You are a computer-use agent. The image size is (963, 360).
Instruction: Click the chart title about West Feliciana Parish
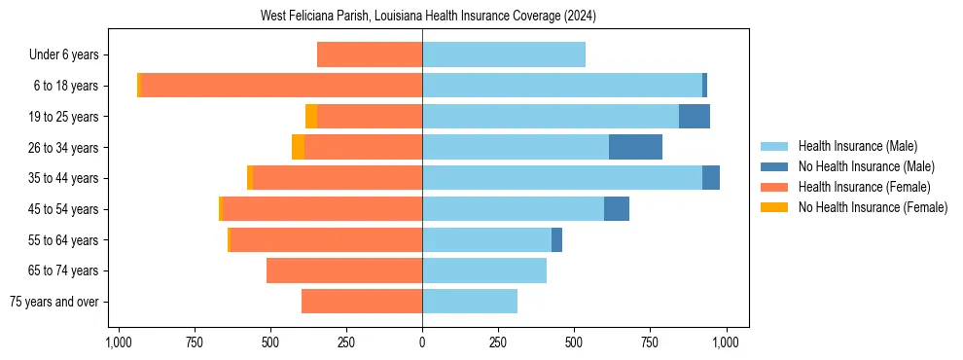pos(428,17)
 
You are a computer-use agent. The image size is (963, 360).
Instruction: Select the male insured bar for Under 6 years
pos(504,54)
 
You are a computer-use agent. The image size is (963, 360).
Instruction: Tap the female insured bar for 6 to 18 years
pos(281,86)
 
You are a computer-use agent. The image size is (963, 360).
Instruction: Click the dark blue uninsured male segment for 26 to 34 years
pos(635,147)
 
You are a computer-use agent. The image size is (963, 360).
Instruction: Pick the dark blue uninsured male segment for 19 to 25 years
pos(695,117)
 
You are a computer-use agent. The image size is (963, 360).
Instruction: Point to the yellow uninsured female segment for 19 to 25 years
pos(311,117)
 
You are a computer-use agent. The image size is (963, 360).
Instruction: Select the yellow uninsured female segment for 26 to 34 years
pos(298,147)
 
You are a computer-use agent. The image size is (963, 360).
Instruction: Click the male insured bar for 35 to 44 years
pos(562,178)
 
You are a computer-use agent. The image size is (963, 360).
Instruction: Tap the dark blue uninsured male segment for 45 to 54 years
pos(617,209)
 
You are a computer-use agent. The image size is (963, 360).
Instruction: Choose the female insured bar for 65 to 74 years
pos(344,270)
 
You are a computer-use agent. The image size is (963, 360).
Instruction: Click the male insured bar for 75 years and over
pos(470,302)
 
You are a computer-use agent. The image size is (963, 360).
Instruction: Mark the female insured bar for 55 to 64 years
pos(326,239)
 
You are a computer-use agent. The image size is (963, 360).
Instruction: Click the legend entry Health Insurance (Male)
pos(857,146)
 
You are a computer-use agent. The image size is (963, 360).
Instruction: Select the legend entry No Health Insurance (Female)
pos(873,207)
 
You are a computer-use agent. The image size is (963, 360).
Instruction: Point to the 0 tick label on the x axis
pos(422,342)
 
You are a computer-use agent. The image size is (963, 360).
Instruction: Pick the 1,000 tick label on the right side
pos(726,342)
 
